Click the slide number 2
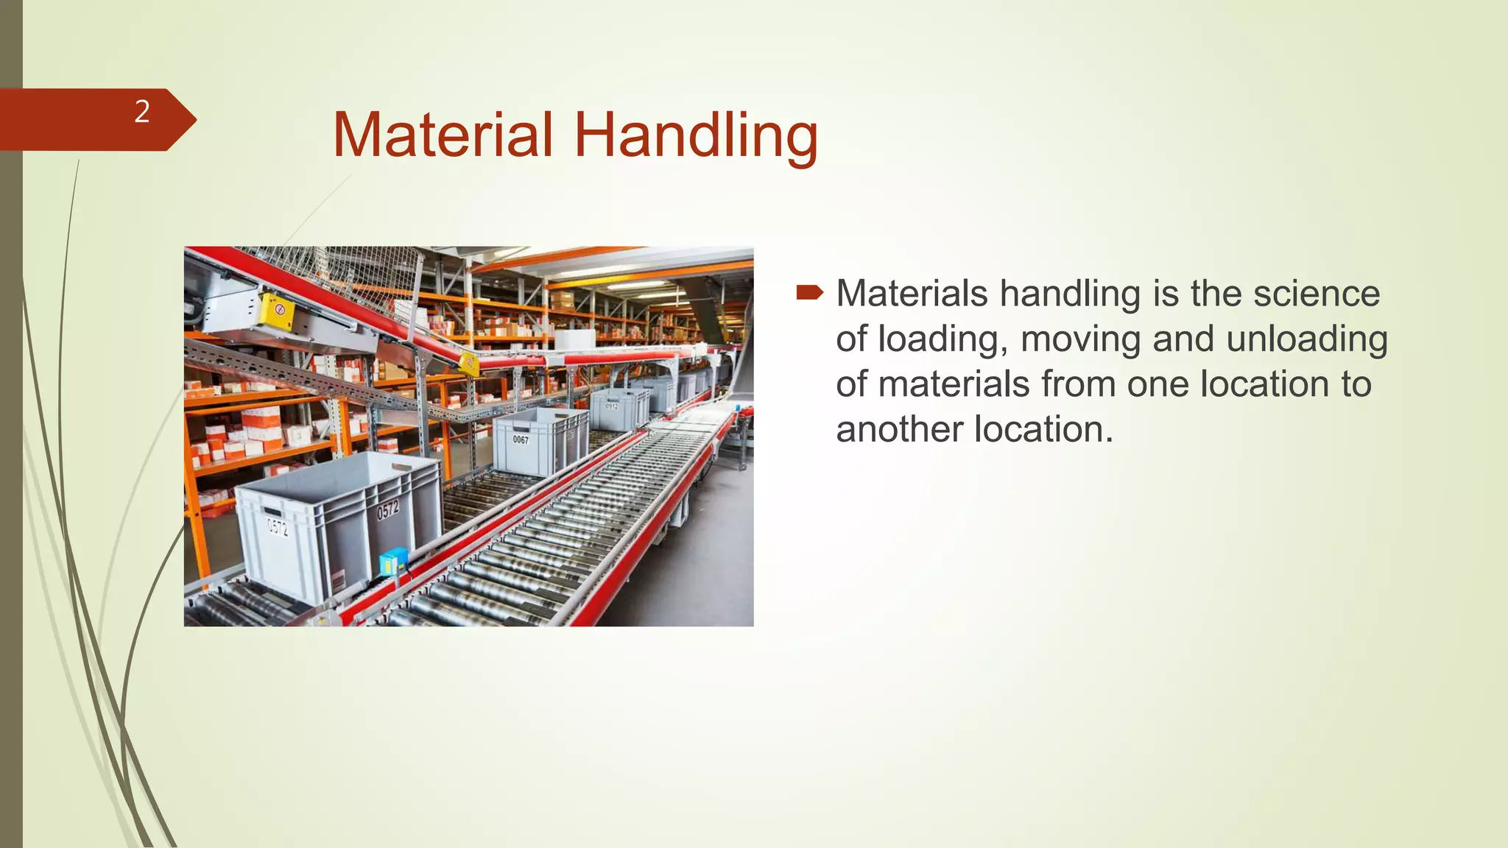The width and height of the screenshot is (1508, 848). (141, 112)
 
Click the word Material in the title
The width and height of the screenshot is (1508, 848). (442, 135)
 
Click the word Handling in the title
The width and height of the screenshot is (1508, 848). (695, 136)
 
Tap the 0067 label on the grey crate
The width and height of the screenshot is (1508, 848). (521, 439)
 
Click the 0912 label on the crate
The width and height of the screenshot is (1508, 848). (611, 406)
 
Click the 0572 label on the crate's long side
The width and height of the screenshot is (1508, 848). (388, 509)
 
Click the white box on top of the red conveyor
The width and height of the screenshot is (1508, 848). (574, 339)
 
